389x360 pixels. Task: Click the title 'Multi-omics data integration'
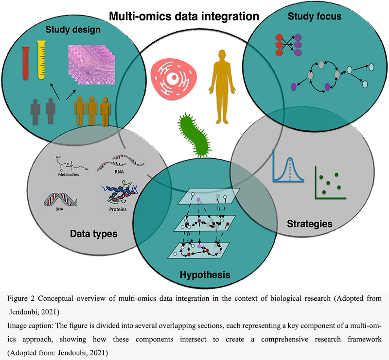click(x=184, y=16)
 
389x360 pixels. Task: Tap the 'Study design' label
click(x=73, y=30)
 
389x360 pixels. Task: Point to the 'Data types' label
click(x=94, y=234)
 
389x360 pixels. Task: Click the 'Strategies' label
click(x=310, y=224)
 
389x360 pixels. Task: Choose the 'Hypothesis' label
click(x=205, y=275)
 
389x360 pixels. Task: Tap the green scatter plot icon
click(x=331, y=183)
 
